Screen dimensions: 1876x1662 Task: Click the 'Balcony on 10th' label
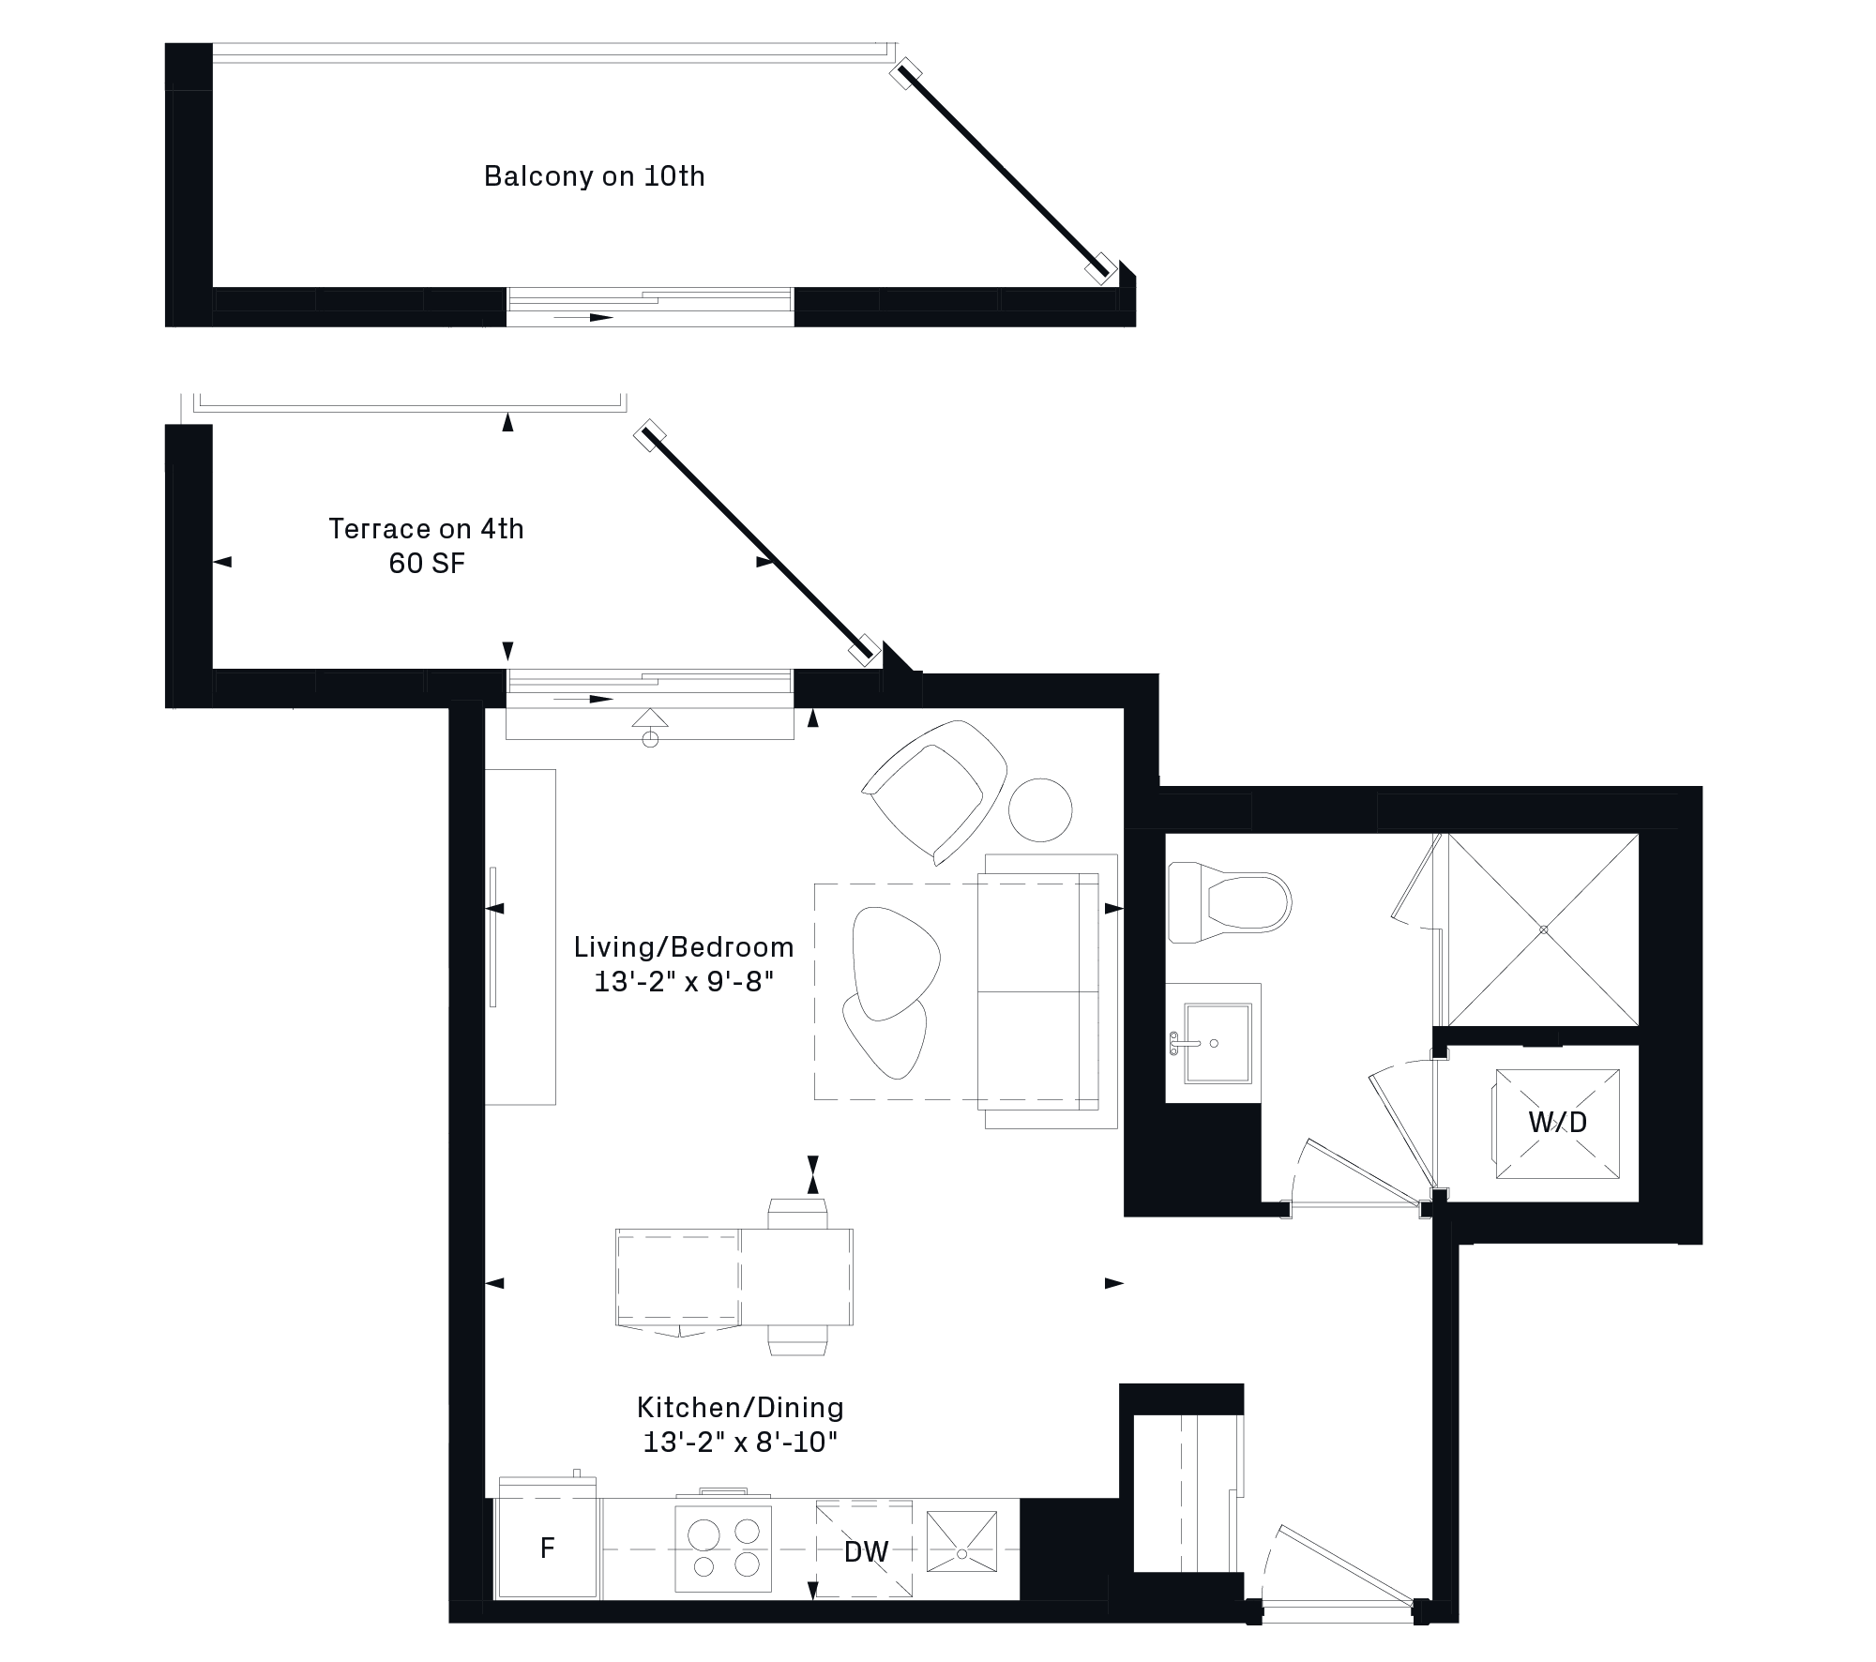pos(594,176)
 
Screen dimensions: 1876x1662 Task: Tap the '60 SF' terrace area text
pos(427,564)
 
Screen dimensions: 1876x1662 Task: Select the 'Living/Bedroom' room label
pos(684,947)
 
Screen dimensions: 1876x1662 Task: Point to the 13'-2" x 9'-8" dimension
pos(684,982)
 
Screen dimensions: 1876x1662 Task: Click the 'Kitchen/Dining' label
pos(740,1408)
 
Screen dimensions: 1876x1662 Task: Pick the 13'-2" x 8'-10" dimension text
pos(740,1443)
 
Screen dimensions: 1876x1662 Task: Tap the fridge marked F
pos(547,1547)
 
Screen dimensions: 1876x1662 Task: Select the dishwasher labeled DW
pos(865,1549)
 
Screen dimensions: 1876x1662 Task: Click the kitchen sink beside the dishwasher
pos(961,1541)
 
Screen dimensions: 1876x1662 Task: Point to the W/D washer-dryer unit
pos(1557,1123)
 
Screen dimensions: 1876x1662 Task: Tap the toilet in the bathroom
pos(1230,902)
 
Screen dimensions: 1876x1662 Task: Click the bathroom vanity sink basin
pos(1217,1042)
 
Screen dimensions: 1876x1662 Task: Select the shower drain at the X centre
pos(1543,929)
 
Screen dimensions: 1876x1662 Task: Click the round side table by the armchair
pos(1040,810)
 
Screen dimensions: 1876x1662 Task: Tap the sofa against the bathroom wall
pos(1048,991)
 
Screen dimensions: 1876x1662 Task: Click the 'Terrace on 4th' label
pos(426,529)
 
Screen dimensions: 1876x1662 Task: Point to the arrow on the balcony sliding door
pos(583,318)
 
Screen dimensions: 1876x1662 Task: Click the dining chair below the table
pos(798,1340)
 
